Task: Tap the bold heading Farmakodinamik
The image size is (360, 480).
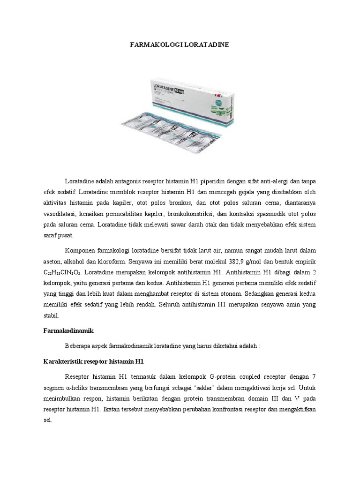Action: pyautogui.click(x=65, y=330)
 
